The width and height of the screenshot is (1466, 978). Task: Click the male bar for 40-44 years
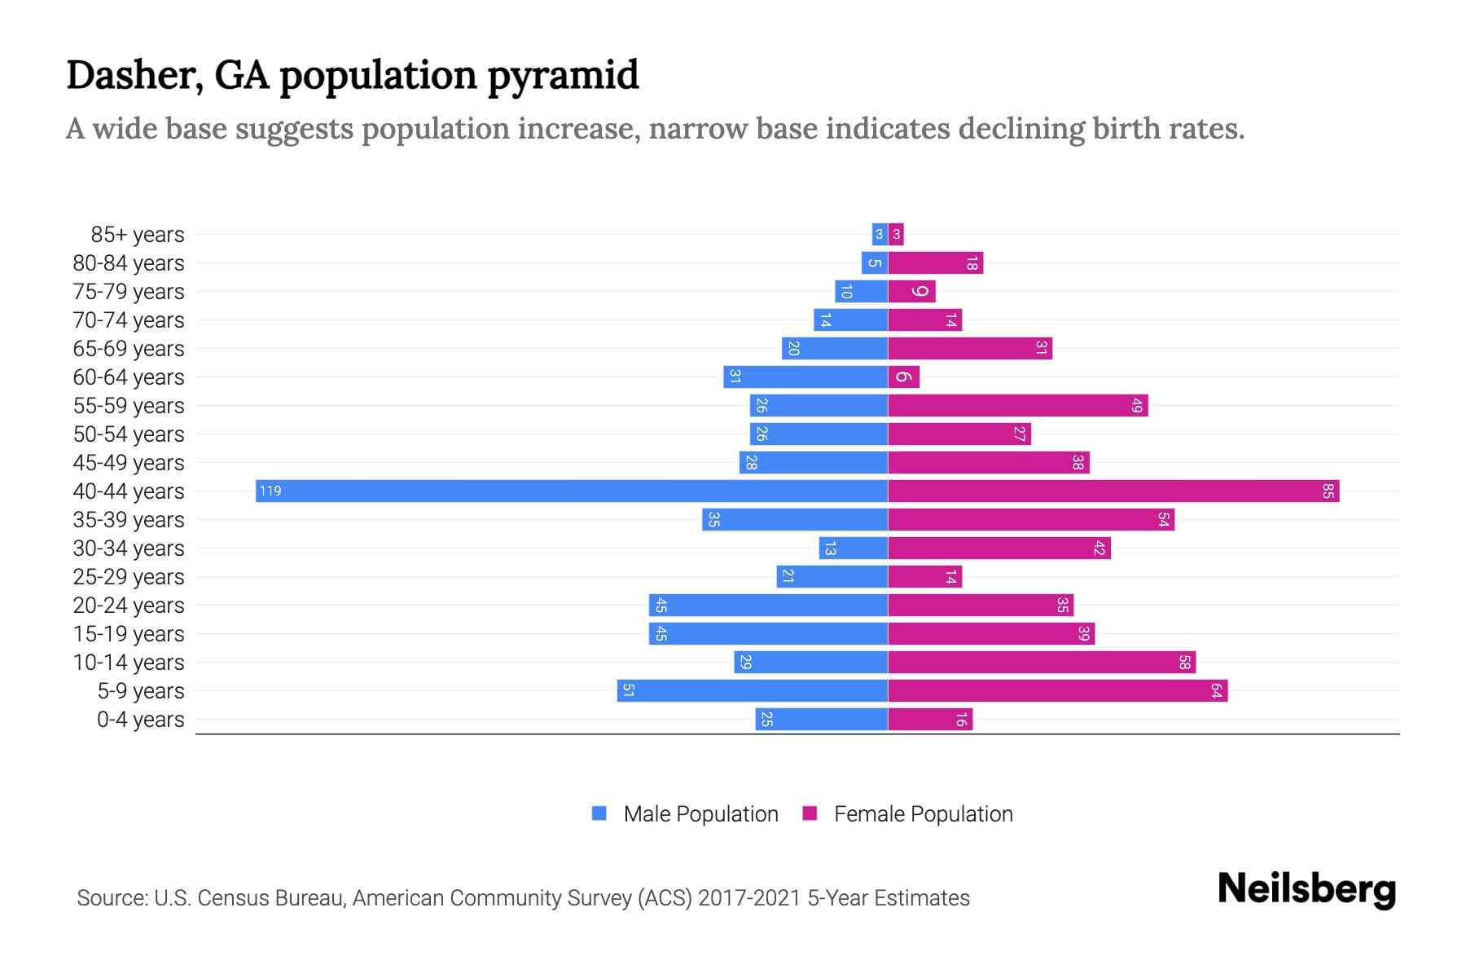pyautogui.click(x=570, y=491)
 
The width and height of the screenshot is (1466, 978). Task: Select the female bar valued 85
pyautogui.click(x=1113, y=491)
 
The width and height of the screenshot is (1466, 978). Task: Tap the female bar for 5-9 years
pyautogui.click(x=1057, y=690)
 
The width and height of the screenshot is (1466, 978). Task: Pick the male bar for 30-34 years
pyautogui.click(x=853, y=548)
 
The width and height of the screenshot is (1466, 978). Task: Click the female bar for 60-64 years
pyautogui.click(x=903, y=377)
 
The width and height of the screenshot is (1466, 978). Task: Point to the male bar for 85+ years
pyautogui.click(x=879, y=235)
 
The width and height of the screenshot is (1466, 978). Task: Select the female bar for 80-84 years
pyautogui.click(x=935, y=262)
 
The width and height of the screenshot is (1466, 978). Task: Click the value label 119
pyautogui.click(x=270, y=491)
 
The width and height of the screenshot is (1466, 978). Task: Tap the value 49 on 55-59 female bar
pyautogui.click(x=1137, y=405)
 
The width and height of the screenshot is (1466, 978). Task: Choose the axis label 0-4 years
pyautogui.click(x=140, y=720)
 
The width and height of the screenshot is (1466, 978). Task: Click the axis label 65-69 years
pyautogui.click(x=129, y=349)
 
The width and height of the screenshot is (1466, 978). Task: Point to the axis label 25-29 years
pyautogui.click(x=129, y=577)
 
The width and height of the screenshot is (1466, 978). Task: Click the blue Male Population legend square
pyautogui.click(x=599, y=813)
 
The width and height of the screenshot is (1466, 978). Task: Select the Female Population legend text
pyautogui.click(x=923, y=814)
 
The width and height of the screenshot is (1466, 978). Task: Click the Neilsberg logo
pyautogui.click(x=1306, y=889)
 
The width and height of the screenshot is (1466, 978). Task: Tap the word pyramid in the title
pyautogui.click(x=563, y=76)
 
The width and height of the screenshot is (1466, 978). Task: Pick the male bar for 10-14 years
pyautogui.click(x=810, y=662)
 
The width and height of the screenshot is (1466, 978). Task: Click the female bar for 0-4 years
pyautogui.click(x=930, y=719)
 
